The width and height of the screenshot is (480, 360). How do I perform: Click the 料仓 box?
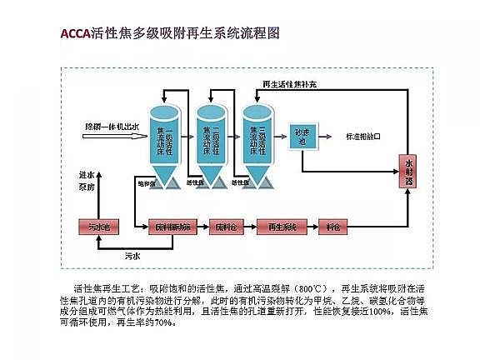click(x=333, y=226)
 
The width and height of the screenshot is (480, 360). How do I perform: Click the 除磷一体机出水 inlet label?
click(x=111, y=125)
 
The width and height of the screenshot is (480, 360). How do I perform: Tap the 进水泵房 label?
click(x=86, y=182)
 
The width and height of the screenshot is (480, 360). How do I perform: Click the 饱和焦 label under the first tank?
click(x=147, y=183)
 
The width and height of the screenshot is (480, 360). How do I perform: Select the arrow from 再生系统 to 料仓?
click(x=308, y=226)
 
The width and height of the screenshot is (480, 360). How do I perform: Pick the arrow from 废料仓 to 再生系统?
click(x=249, y=226)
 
